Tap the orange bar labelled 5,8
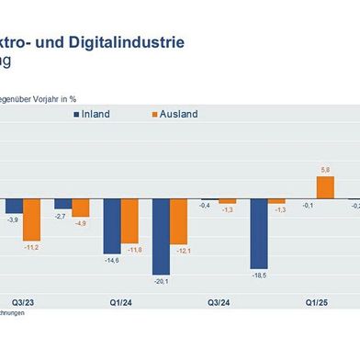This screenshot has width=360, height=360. [x=325, y=188]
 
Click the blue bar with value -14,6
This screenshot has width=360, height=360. [x=112, y=226]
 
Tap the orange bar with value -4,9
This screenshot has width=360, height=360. [x=81, y=208]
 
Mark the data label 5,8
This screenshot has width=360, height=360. [x=325, y=170]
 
